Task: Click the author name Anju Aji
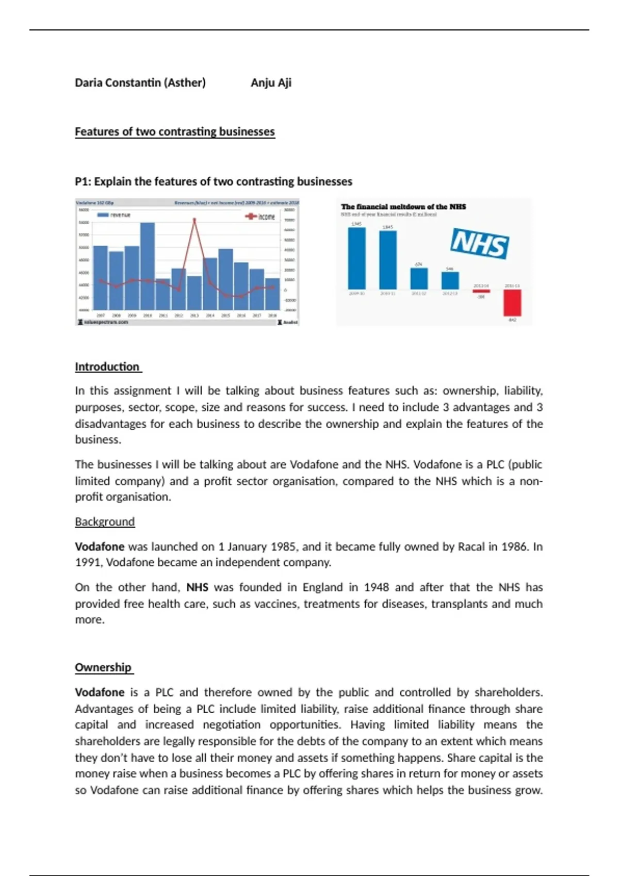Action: pos(271,82)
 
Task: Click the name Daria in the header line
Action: pos(88,82)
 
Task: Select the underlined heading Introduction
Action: pos(107,367)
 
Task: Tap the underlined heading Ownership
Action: pos(103,667)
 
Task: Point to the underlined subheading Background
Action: pos(105,521)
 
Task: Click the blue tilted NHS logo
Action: pos(479,244)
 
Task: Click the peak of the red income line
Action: pos(194,220)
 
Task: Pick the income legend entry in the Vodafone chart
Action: pos(261,216)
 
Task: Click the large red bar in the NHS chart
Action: pos(512,302)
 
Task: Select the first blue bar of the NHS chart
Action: pos(356,258)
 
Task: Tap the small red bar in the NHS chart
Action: pos(481,291)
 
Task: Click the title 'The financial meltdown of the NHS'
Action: pos(403,207)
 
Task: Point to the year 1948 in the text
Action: pos(376,587)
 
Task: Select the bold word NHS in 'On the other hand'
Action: pos(197,587)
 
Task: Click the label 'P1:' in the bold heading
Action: pos(83,181)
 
